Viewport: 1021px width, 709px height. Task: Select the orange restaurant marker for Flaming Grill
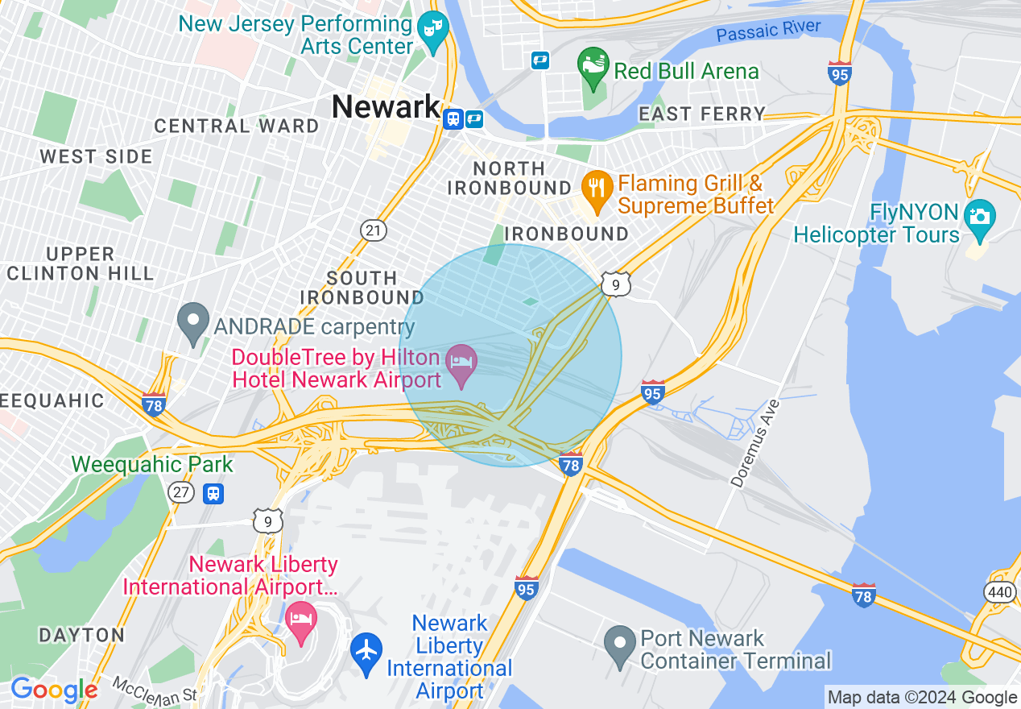(596, 192)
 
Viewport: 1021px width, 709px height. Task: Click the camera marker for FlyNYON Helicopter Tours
(979, 218)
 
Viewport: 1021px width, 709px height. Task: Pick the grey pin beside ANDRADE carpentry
(193, 323)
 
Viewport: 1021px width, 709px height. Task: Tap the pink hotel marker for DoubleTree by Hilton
(462, 364)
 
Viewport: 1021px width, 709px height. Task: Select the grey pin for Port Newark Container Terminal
(620, 645)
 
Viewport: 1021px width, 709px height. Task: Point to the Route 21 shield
(373, 230)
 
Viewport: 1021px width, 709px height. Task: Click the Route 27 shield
(182, 492)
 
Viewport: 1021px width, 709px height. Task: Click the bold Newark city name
(386, 107)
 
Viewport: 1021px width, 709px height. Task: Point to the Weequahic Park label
(152, 464)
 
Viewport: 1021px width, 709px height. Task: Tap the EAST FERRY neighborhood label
(701, 114)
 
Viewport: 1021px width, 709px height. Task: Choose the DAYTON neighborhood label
(82, 635)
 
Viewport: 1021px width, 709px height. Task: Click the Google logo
(53, 690)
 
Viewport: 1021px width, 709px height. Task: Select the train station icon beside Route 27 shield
(213, 492)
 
